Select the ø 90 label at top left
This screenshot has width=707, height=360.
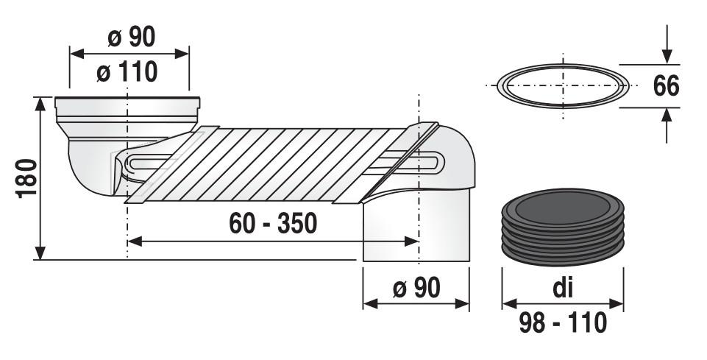click(x=130, y=38)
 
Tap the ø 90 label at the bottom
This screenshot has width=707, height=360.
click(x=416, y=288)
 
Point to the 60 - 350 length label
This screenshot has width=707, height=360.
click(x=273, y=223)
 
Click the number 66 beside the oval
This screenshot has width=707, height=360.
click(x=666, y=85)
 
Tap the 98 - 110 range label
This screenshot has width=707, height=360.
click(x=562, y=322)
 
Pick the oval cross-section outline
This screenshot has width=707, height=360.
click(x=562, y=85)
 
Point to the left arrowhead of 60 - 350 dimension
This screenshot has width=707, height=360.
click(x=135, y=241)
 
